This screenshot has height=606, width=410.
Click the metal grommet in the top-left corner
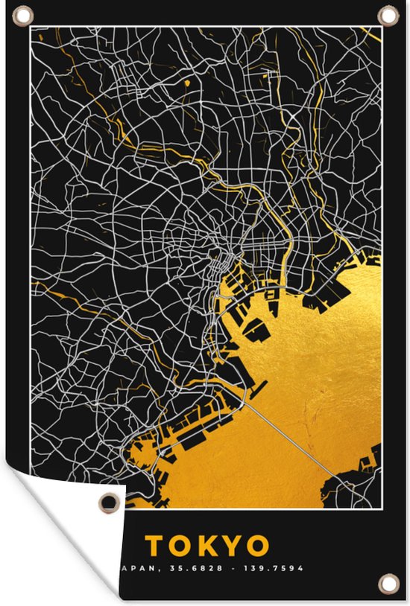pos(23,14)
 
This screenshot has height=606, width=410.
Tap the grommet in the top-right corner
pos(388,14)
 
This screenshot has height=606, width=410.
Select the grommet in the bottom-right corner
pos(388,582)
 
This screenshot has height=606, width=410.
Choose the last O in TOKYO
pos(257,546)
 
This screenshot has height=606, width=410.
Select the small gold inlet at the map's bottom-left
pos(139,451)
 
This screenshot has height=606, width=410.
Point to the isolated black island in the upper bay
pos(257,328)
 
